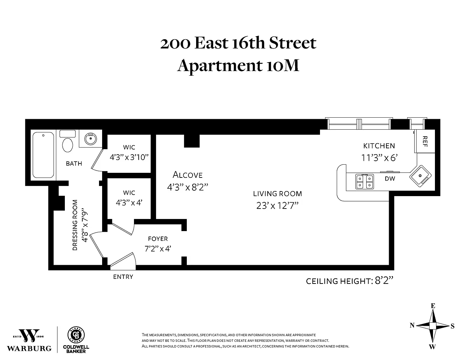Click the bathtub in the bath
[x=43, y=155]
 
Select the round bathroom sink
[x=90, y=139]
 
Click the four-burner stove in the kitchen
[x=364, y=182]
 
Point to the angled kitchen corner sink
[x=421, y=176]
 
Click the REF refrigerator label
[x=424, y=141]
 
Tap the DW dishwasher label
[x=390, y=179]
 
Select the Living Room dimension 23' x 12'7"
[x=277, y=206]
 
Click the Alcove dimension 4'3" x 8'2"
[x=188, y=188]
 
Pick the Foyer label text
[x=158, y=239]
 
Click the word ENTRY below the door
[x=123, y=277]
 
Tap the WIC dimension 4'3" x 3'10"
[x=129, y=157]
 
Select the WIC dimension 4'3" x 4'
[x=129, y=203]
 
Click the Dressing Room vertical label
[x=75, y=225]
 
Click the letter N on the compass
[x=412, y=325]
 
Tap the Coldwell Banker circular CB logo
[x=76, y=335]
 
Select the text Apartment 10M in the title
[x=238, y=65]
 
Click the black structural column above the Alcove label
[x=192, y=141]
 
